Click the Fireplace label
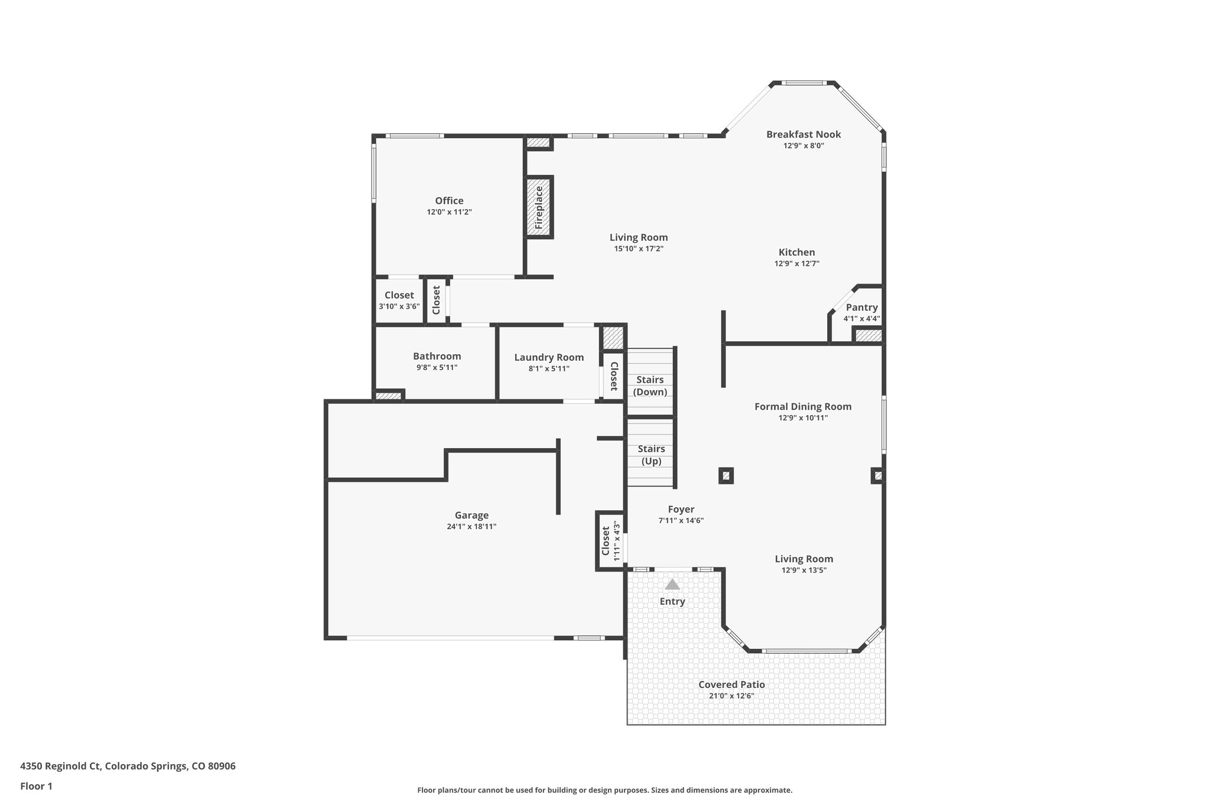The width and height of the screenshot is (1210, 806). [x=539, y=207]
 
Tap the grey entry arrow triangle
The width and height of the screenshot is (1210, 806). [x=672, y=585]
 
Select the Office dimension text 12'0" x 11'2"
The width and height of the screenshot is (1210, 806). [x=449, y=212]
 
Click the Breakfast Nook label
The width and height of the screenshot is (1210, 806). [x=804, y=135]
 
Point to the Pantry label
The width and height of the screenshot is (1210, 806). [x=861, y=308]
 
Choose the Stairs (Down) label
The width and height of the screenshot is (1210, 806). [x=650, y=386]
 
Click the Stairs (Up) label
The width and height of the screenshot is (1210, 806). [x=651, y=455]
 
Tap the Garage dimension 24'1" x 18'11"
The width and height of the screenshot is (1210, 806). [x=471, y=527]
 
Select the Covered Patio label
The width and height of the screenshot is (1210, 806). [x=731, y=685]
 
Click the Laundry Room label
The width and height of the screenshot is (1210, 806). [x=549, y=357]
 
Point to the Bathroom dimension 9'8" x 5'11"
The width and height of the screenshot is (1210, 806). [x=437, y=368]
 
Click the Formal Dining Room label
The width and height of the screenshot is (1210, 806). [x=803, y=407]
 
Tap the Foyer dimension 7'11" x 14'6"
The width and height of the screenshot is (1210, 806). [x=681, y=521]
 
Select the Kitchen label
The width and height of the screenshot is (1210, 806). [x=796, y=253]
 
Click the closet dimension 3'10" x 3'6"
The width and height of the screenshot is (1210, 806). [x=399, y=306]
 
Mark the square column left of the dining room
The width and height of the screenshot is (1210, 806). [x=726, y=475]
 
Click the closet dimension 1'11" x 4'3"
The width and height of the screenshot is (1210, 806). [x=616, y=541]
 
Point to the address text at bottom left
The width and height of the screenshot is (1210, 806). [x=128, y=766]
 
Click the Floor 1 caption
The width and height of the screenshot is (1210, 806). [x=36, y=786]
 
